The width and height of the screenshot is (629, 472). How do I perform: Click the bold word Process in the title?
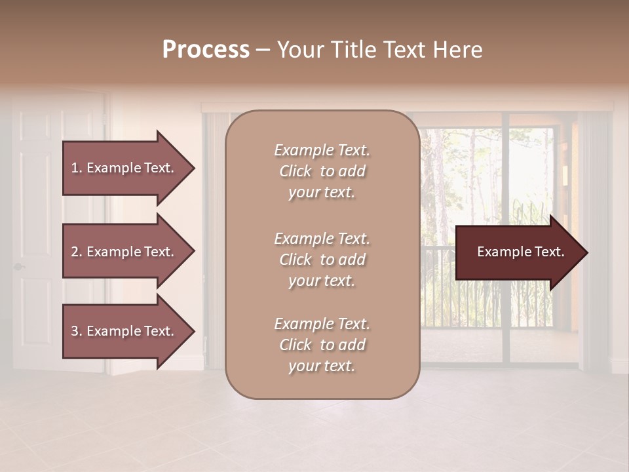206,50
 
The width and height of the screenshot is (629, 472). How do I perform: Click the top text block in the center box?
322,171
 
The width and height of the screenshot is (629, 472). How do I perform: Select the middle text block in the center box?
322,260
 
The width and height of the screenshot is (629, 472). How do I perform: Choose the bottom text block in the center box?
322,345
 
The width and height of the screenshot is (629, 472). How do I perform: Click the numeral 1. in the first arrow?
77,168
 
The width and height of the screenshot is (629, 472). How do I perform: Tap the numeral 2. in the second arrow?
77,252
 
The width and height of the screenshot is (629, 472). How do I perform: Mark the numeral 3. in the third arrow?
77,331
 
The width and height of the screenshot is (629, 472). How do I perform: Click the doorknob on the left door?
18,266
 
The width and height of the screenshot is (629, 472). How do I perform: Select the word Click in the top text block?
295,171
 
